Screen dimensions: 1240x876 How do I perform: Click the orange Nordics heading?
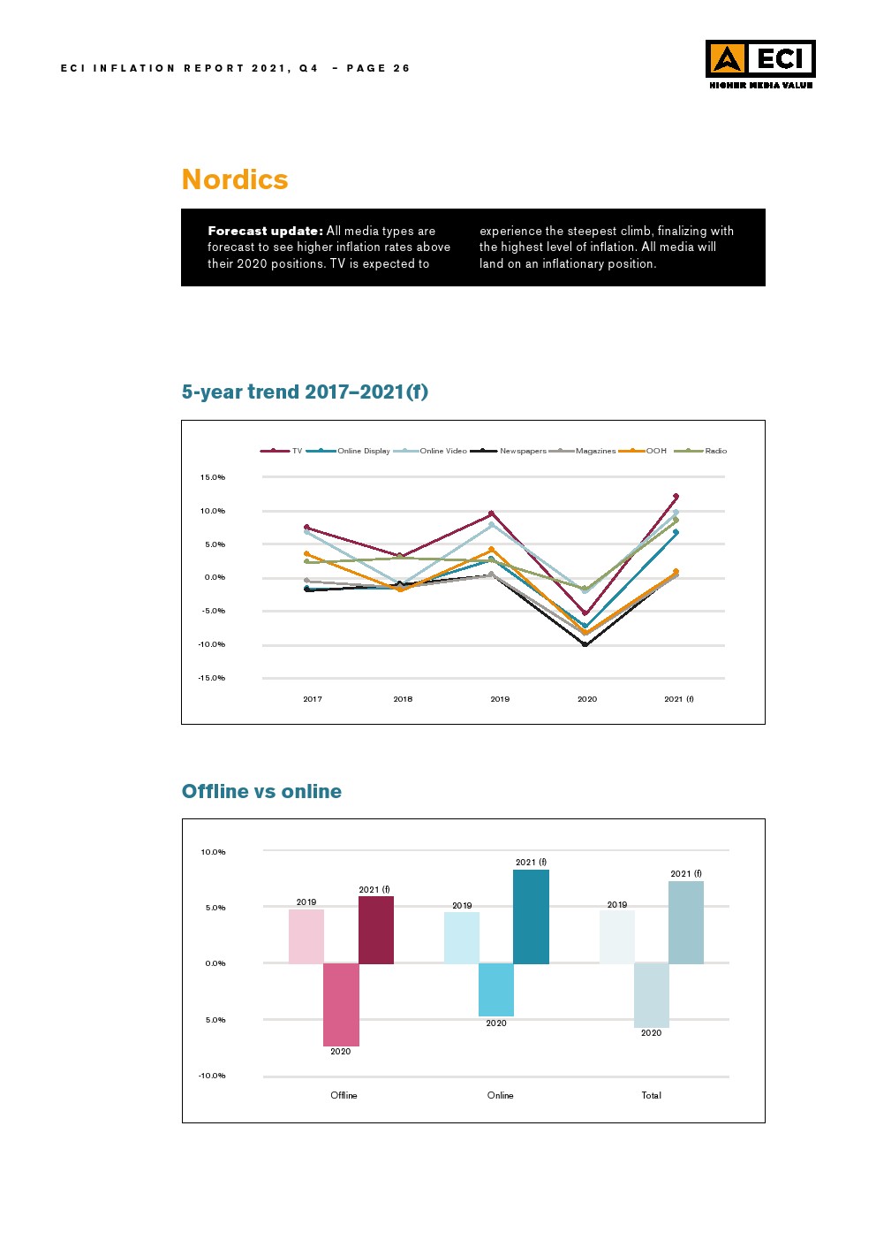(235, 179)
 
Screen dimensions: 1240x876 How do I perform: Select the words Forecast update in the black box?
(265, 231)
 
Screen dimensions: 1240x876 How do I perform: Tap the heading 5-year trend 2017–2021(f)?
(305, 392)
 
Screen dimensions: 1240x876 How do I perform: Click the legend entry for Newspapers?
(523, 451)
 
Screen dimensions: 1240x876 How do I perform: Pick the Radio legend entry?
(715, 451)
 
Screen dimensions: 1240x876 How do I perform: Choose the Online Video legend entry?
(443, 451)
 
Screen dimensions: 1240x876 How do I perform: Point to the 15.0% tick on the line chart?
(212, 477)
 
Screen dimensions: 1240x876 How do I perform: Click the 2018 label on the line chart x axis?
(403, 699)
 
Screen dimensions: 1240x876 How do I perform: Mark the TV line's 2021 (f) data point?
(676, 497)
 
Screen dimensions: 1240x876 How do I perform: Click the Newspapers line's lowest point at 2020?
(585, 644)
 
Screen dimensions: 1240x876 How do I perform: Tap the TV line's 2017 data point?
(306, 528)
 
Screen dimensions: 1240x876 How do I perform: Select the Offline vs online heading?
(261, 791)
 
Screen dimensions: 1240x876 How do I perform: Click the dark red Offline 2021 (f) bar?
(376, 930)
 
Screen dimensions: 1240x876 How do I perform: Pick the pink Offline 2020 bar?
(341, 1004)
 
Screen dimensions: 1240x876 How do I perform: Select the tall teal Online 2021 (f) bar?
(531, 917)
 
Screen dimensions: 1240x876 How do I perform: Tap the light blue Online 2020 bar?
(496, 989)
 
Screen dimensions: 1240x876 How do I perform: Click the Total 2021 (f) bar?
(686, 922)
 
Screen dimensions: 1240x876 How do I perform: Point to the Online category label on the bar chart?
(500, 1095)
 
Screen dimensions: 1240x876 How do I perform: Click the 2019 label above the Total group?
(617, 904)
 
